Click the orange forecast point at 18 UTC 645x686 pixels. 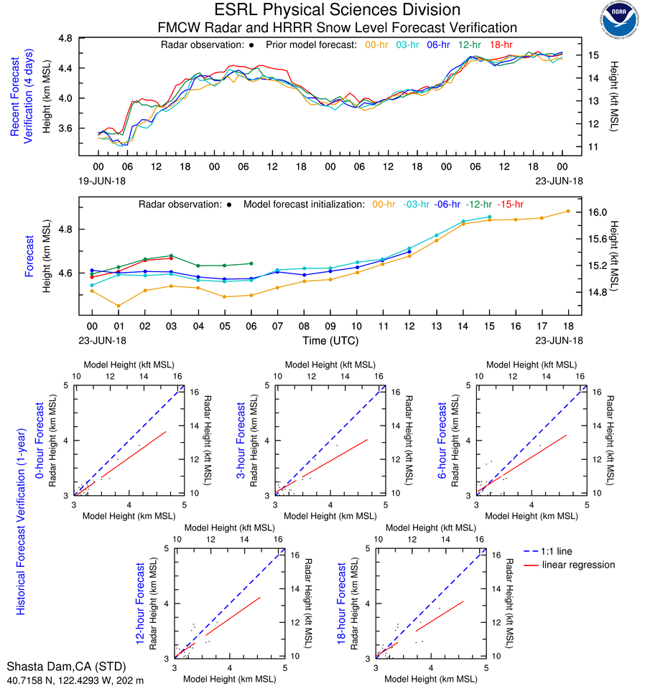coord(568,211)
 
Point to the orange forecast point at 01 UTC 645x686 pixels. coord(119,306)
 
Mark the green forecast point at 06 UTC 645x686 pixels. coord(251,263)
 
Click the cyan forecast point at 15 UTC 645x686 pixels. coord(489,217)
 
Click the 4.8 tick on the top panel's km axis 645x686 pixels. coord(65,38)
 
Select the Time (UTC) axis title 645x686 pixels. coord(330,340)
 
